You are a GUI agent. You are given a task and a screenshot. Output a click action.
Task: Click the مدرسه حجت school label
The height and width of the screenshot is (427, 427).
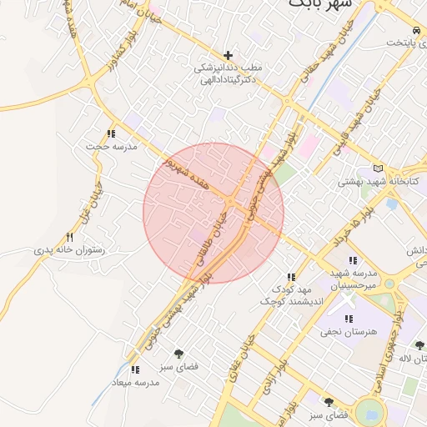pyautogui.click(x=111, y=146)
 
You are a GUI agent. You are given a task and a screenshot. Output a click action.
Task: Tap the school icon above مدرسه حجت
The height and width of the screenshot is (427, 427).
pyautogui.click(x=111, y=133)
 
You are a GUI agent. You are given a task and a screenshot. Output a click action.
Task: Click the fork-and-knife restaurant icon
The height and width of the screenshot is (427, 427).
pyautogui.click(x=69, y=237)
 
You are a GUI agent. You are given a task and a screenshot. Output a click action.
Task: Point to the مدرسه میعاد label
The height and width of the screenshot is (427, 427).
pyautogui.click(x=136, y=382)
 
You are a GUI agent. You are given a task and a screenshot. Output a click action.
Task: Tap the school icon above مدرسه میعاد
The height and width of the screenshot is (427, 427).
pyautogui.click(x=135, y=369)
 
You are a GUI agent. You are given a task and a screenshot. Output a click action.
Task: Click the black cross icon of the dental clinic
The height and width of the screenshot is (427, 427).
pyautogui.click(x=229, y=54)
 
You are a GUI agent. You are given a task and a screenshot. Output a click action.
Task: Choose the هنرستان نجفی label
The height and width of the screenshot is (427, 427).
pyautogui.click(x=349, y=331)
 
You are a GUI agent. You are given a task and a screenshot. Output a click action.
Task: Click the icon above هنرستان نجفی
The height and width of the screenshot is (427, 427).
pyautogui.click(x=349, y=319)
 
